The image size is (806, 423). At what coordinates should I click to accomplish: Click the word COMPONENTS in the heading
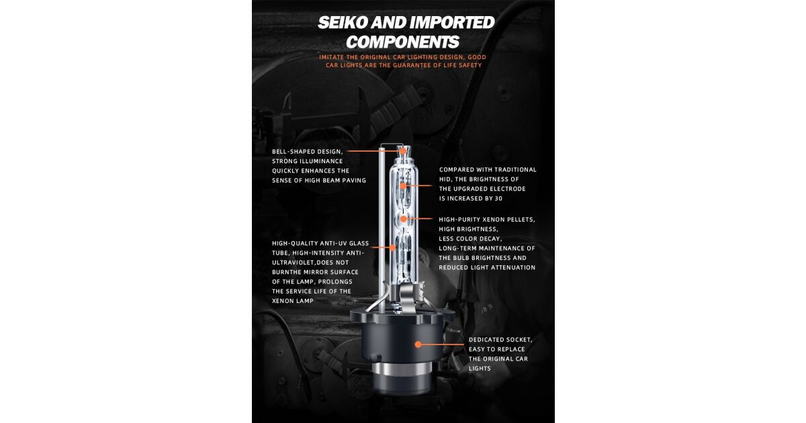[x=402, y=42]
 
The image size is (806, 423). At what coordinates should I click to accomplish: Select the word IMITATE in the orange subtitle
[x=331, y=57]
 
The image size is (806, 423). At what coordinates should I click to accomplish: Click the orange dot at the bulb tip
[x=404, y=151]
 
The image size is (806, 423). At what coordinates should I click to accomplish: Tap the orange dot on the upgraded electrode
[x=403, y=185]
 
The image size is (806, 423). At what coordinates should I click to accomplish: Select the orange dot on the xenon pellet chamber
[x=404, y=219]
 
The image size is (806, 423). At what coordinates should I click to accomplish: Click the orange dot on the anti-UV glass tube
[x=392, y=248]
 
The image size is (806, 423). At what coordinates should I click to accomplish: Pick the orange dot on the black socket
[x=418, y=344]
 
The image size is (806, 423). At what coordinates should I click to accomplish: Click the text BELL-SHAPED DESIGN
[x=308, y=152]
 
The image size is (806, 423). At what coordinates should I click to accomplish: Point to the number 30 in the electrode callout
[x=498, y=199]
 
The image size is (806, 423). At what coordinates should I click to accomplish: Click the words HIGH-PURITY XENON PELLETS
[x=487, y=220]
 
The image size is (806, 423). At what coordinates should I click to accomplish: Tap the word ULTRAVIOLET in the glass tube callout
[x=292, y=263]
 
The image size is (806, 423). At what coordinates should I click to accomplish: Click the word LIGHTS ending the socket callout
[x=480, y=369]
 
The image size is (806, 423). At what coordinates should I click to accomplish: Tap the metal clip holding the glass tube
[x=408, y=295]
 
